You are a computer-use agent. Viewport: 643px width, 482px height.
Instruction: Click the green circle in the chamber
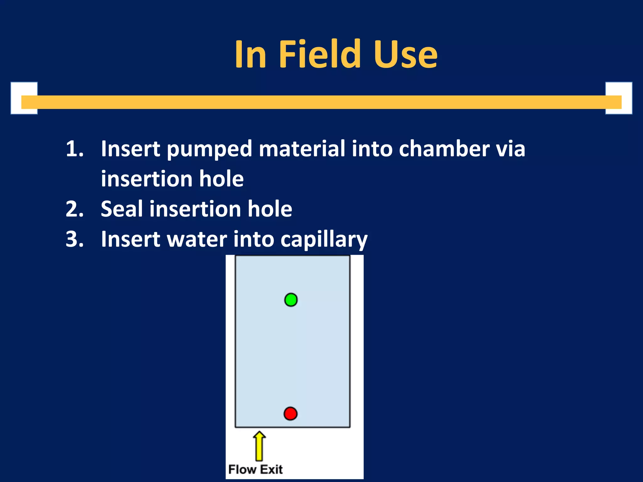pyautogui.click(x=291, y=300)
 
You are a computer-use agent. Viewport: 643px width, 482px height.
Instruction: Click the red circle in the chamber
pyautogui.click(x=290, y=414)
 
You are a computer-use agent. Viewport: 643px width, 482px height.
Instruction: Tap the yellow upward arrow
pyautogui.click(x=259, y=446)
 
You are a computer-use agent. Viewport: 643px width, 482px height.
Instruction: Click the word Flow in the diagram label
pyautogui.click(x=242, y=469)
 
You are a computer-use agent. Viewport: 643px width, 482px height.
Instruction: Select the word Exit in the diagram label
pyautogui.click(x=272, y=469)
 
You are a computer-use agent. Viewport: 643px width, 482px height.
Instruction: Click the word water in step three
pyautogui.click(x=197, y=239)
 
